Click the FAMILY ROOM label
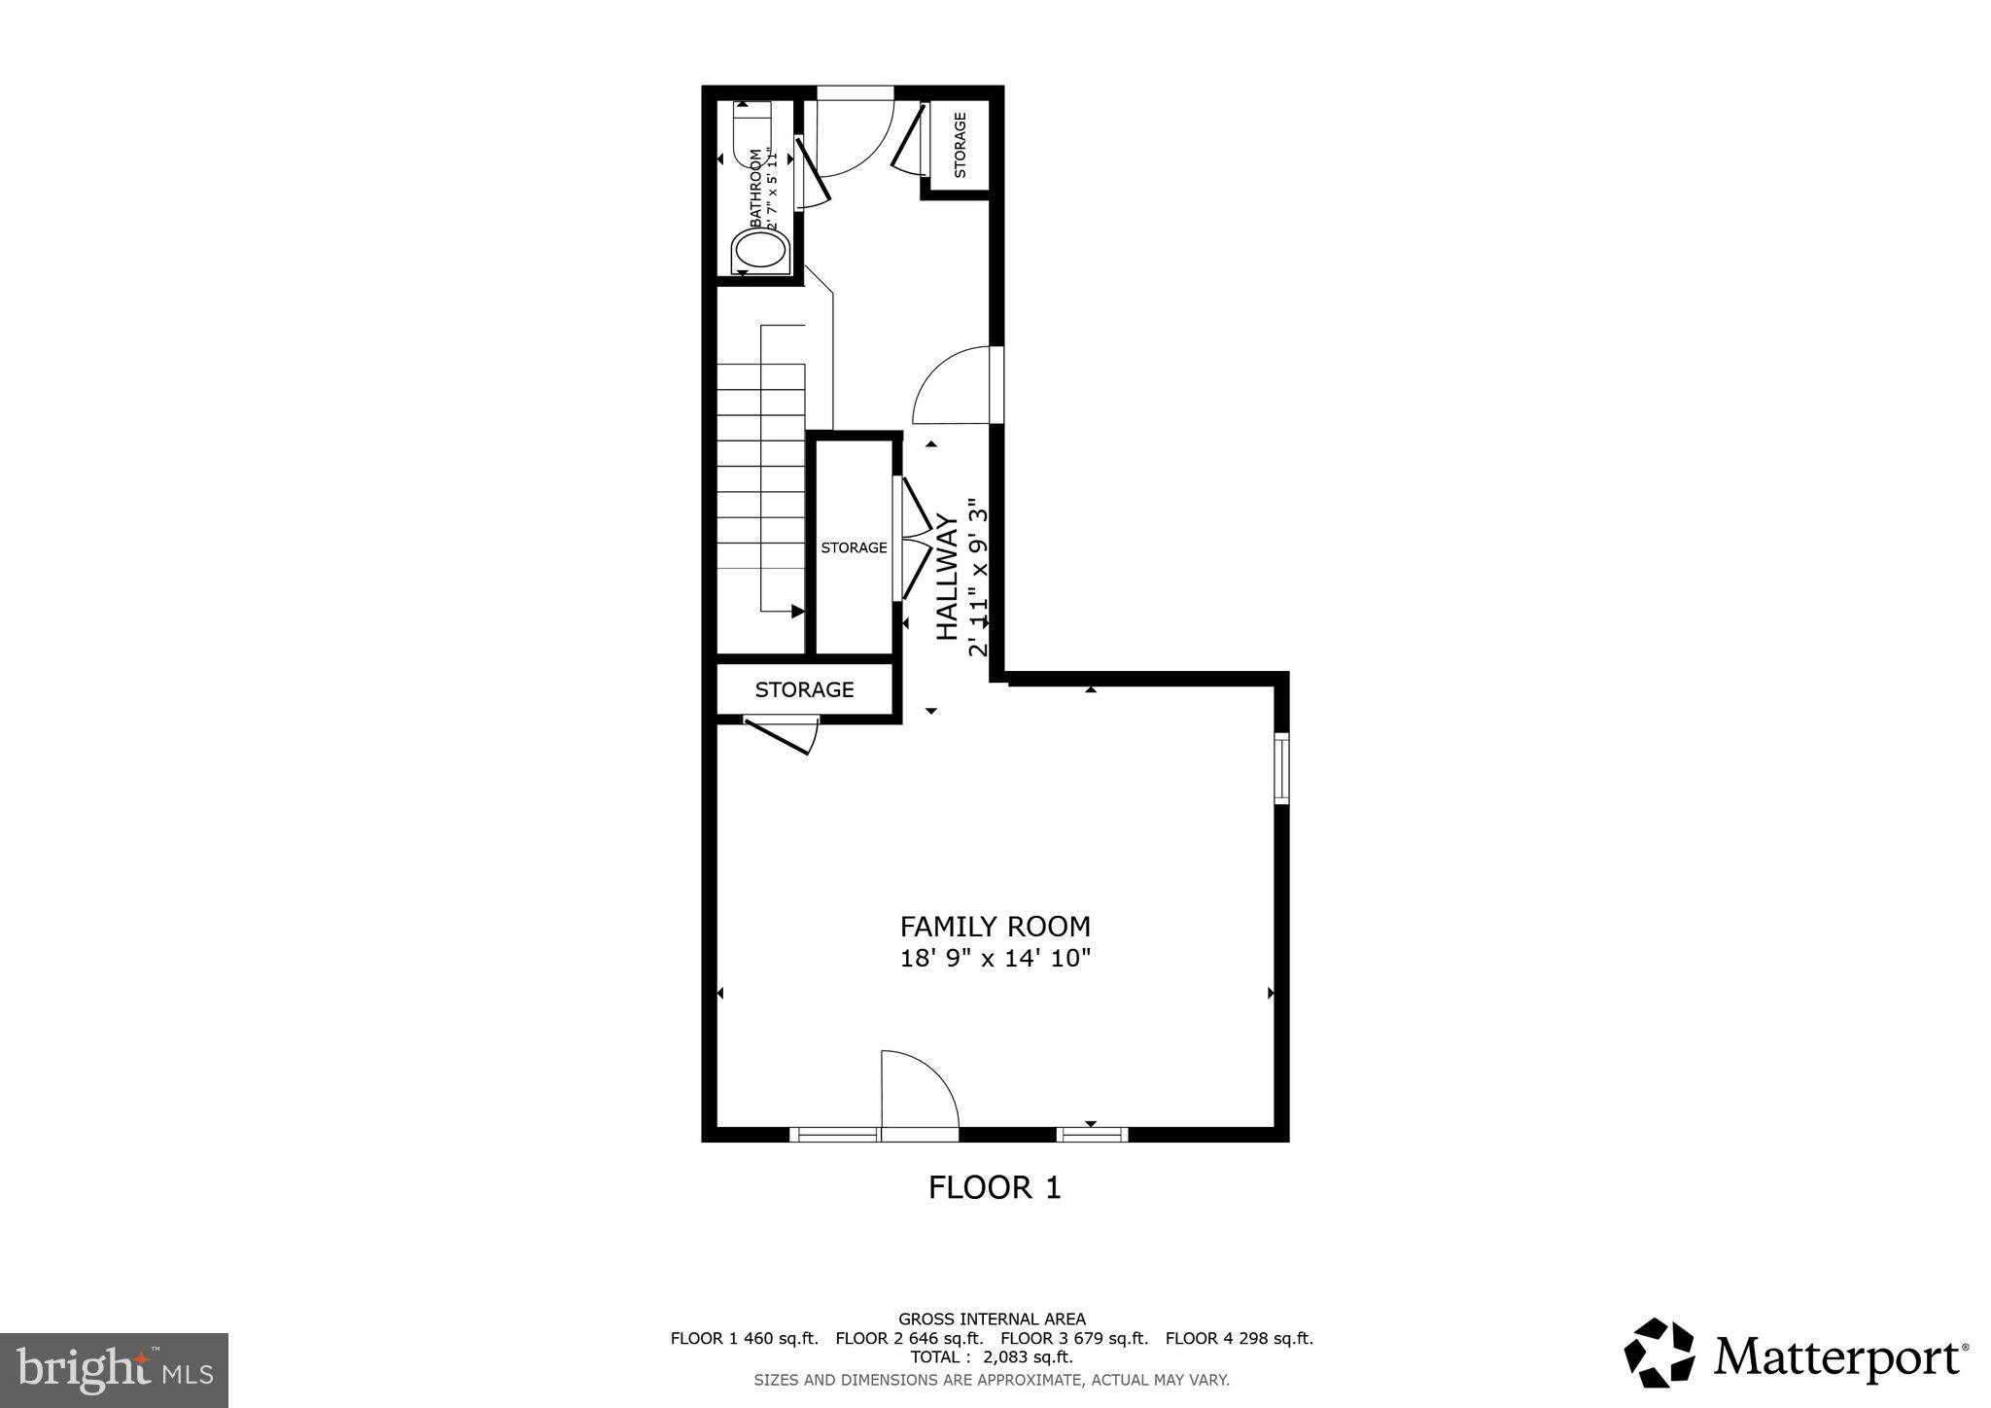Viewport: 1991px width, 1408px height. click(995, 927)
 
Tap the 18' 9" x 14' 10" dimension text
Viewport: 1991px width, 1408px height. click(995, 959)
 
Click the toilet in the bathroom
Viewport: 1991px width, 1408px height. click(759, 251)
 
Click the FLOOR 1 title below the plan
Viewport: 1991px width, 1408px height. click(994, 1187)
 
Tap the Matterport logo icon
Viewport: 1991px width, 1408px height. click(1659, 1353)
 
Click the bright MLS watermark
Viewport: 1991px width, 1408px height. click(114, 1370)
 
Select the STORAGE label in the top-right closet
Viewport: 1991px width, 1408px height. click(960, 145)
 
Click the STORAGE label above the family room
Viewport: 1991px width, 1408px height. click(804, 689)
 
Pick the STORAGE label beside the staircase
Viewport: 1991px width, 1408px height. click(854, 547)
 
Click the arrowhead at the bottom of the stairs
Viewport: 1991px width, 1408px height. click(797, 612)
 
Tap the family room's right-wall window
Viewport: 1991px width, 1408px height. click(1281, 768)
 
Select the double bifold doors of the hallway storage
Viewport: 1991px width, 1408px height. click(912, 538)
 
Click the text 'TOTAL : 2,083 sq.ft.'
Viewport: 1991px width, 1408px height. click(992, 1357)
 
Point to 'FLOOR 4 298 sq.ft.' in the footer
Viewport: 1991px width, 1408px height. click(1239, 1338)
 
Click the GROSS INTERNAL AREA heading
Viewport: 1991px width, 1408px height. click(992, 1320)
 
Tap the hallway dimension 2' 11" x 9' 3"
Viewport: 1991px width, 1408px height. click(978, 578)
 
